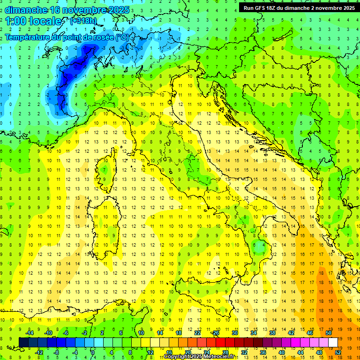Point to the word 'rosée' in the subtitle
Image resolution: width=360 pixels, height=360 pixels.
coord(99,37)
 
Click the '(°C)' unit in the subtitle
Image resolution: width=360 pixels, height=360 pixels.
coord(122,37)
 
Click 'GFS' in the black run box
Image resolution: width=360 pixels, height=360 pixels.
coord(262,8)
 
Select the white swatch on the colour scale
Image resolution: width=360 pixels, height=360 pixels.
coord(333,342)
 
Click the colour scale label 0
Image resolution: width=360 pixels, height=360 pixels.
coord(93,352)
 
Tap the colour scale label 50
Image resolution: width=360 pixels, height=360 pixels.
coord(328,333)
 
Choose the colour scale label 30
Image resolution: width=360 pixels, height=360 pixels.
coord(234,333)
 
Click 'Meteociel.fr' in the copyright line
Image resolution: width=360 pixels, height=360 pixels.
coord(218,357)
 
